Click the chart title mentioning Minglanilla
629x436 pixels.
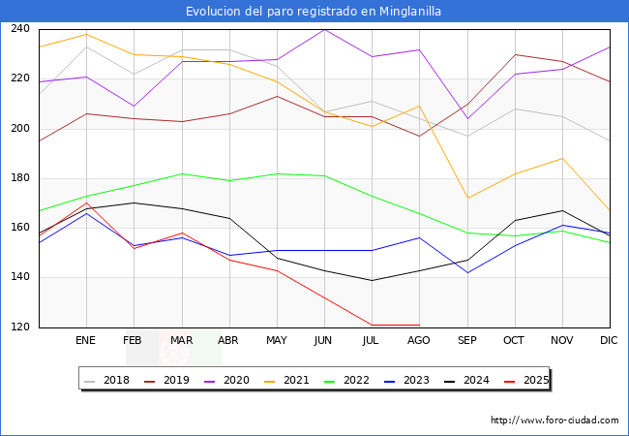pyautogui.click(x=314, y=12)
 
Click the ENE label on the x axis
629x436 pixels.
pyautogui.click(x=86, y=341)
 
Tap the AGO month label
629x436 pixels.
pyautogui.click(x=419, y=341)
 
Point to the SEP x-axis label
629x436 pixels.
pyautogui.click(x=466, y=341)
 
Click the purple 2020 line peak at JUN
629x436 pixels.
pyautogui.click(x=324, y=29)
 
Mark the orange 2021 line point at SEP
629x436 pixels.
pyautogui.click(x=466, y=198)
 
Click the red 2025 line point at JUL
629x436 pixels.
pyautogui.click(x=372, y=325)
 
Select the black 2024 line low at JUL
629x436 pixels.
pyautogui.click(x=372, y=280)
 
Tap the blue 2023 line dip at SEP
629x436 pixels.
pyautogui.click(x=466, y=272)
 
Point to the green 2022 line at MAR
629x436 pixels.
pyautogui.click(x=182, y=173)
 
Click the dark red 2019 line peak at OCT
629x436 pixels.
pyautogui.click(x=514, y=54)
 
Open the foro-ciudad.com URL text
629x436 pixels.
pyautogui.click(x=554, y=420)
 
